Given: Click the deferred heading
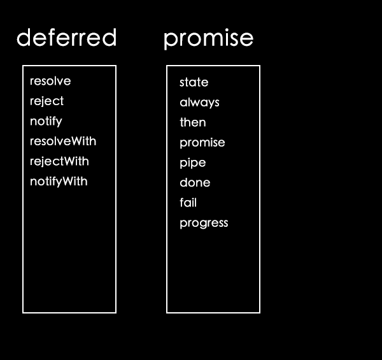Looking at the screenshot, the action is (66, 38).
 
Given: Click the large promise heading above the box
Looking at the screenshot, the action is (209, 40).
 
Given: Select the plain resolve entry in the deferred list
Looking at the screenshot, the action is (50, 81).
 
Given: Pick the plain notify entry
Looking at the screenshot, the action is (46, 122).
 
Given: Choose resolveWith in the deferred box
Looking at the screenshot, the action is (63, 141).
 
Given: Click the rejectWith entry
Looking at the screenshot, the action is (59, 162).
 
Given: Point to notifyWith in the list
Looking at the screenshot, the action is (59, 182).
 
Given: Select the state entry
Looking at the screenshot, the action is (194, 82).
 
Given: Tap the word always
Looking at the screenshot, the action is (199, 103).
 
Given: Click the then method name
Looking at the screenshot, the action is (193, 122).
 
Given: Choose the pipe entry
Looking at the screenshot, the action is (193, 163).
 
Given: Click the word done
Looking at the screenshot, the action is (195, 183).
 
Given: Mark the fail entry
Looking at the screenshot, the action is (188, 203).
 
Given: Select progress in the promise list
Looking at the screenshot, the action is (204, 223).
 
